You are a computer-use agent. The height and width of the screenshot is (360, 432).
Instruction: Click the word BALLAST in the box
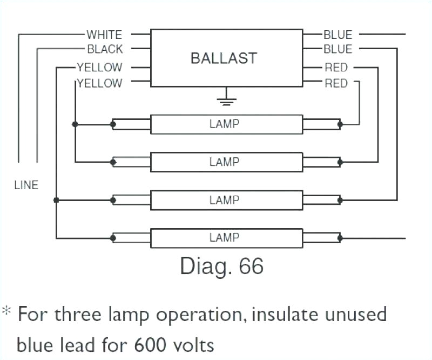point(224,58)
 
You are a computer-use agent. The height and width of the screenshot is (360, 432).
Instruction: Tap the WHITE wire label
point(104,35)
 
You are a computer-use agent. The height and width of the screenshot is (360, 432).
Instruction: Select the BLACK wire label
point(105,49)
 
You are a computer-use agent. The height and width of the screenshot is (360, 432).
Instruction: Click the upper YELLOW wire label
point(99,68)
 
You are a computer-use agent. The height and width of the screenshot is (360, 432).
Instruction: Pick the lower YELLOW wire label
point(99,83)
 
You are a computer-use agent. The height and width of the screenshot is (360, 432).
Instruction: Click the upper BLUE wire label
point(337,35)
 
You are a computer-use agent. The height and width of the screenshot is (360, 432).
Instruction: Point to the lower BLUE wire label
point(337,49)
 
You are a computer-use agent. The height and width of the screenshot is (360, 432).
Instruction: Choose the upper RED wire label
point(336,68)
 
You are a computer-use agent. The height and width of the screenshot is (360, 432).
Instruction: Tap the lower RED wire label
point(336,83)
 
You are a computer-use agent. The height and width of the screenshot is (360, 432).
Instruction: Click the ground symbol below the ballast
point(226,99)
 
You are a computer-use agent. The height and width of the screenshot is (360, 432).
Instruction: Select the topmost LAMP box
point(226,124)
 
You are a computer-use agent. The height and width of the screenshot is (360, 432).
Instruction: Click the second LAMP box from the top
point(226,162)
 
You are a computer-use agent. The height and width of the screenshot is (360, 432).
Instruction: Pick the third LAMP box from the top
point(226,200)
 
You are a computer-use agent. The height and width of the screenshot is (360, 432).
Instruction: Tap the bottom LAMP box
point(226,237)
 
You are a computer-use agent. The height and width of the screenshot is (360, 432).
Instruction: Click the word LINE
point(26,185)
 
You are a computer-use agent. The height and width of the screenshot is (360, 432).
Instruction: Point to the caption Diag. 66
point(221,266)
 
